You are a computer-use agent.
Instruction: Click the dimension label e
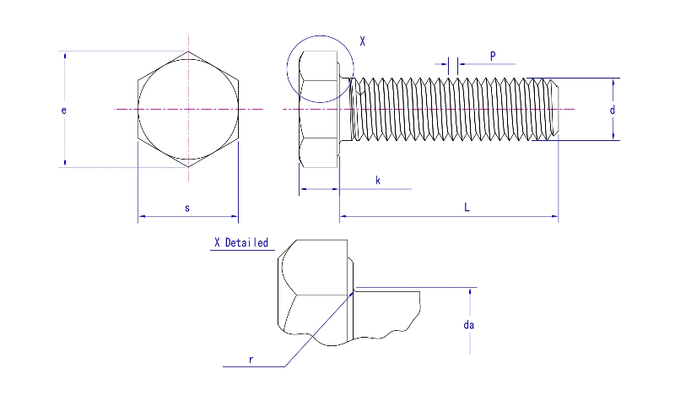tap(64, 110)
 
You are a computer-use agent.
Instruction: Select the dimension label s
tap(187, 207)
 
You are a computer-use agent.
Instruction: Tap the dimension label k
tap(377, 180)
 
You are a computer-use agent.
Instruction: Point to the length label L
tap(467, 207)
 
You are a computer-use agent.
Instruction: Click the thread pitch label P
tap(493, 57)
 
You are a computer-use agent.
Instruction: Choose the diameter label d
tap(612, 110)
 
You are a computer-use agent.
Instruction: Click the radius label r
tap(251, 359)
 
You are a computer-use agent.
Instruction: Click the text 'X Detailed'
tap(241, 243)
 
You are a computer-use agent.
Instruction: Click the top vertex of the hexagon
tap(188, 51)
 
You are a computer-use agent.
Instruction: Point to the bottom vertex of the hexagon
tap(188, 167)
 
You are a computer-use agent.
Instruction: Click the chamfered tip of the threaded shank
tap(553, 110)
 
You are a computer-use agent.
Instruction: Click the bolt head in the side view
tap(319, 110)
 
